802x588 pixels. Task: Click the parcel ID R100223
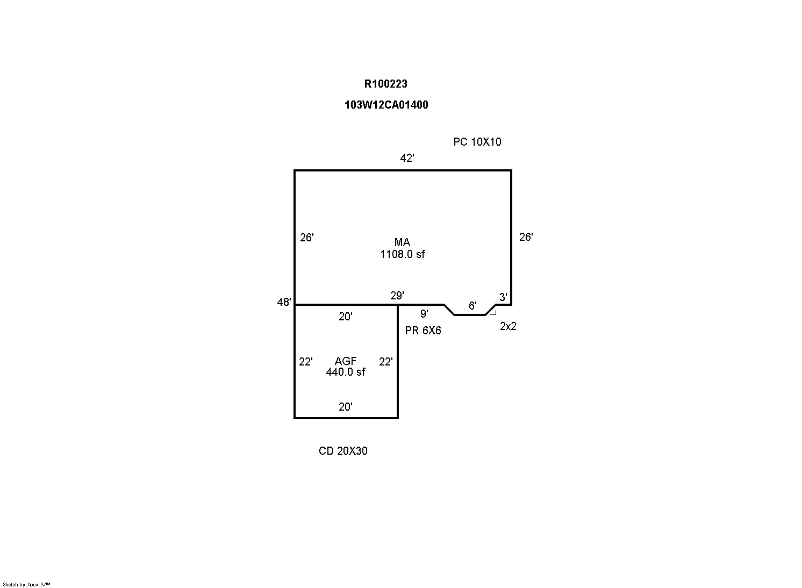pos(385,84)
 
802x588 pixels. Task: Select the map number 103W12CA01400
pos(386,105)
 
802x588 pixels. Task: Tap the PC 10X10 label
pos(477,142)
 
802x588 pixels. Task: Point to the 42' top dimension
pos(407,158)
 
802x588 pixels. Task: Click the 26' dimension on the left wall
pos(307,238)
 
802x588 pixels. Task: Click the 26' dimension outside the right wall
pos(526,236)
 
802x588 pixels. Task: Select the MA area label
pos(402,242)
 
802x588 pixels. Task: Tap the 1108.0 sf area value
pos(402,254)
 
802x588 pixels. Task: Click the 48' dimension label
pos(284,302)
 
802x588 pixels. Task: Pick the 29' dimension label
pos(397,296)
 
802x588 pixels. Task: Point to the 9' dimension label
pos(424,314)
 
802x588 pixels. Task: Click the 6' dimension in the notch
pos(472,305)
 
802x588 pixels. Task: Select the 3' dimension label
pos(503,297)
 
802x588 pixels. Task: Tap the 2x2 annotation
pos(508,326)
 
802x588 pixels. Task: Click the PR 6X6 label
pos(423,331)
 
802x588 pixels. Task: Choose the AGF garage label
pos(346,361)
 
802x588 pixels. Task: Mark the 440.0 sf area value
pos(346,372)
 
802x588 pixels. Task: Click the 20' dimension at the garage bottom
pos(346,407)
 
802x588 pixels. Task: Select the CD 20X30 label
pos(343,451)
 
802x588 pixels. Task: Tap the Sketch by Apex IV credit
pos(26,585)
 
